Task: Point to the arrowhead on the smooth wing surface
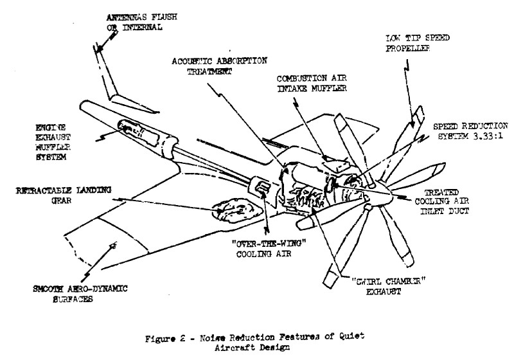(115, 244)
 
